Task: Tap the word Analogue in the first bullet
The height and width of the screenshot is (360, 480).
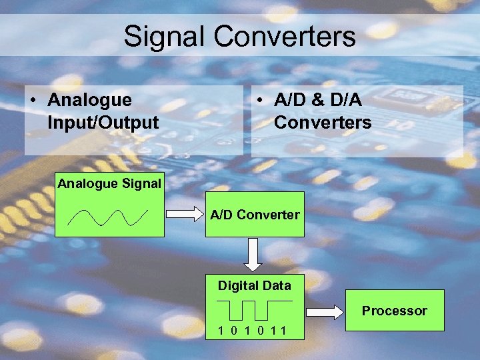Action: (x=89, y=100)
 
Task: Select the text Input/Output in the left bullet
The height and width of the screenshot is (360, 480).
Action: (x=103, y=123)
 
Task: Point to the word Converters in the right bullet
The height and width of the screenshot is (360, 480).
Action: (x=323, y=123)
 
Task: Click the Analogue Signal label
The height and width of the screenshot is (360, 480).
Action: (x=109, y=183)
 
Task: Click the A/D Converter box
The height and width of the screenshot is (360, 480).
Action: (x=255, y=215)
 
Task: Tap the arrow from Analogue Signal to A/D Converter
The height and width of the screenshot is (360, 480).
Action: (x=183, y=215)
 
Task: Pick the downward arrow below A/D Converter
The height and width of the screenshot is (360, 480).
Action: (x=254, y=255)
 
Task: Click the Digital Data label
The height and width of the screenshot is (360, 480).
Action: (x=254, y=286)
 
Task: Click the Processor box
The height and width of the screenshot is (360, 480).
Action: (x=394, y=311)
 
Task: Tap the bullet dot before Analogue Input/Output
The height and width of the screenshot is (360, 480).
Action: (x=33, y=101)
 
